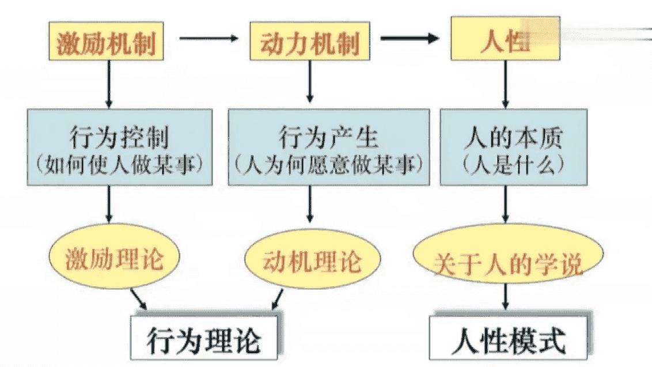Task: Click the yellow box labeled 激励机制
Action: click(107, 41)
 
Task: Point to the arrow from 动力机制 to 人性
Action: click(410, 39)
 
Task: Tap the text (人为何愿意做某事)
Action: click(328, 165)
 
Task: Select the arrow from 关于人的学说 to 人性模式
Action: click(506, 297)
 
